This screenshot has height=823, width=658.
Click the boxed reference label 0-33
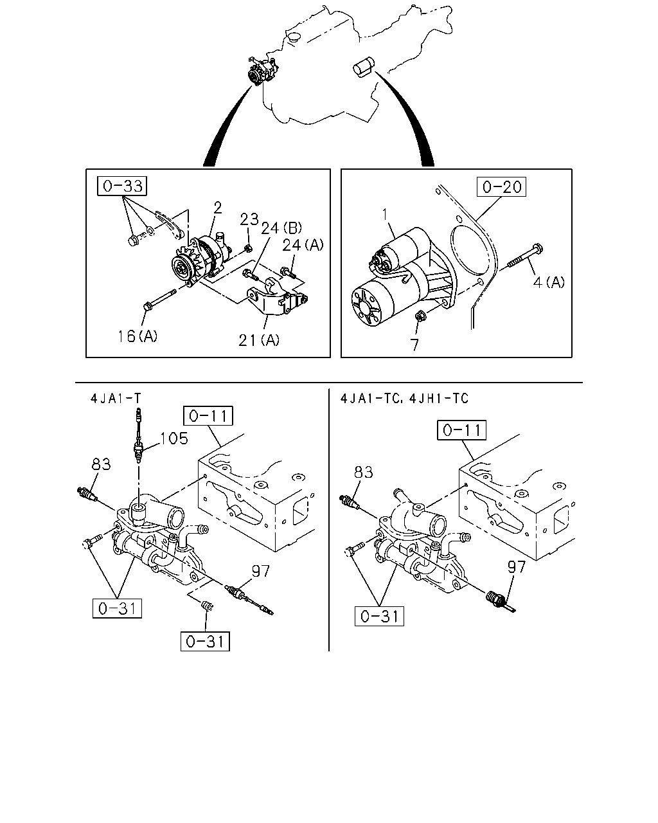[122, 186]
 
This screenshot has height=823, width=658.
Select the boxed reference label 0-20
[501, 186]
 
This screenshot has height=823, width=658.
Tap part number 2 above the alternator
[218, 208]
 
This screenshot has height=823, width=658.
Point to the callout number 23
[249, 219]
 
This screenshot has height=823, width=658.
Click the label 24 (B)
[281, 228]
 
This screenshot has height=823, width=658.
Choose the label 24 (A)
[303, 245]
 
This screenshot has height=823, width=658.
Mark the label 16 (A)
[138, 336]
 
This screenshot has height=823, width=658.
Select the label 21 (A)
[259, 340]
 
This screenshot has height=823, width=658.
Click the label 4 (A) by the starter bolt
[549, 282]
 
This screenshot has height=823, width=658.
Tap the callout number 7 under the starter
[414, 345]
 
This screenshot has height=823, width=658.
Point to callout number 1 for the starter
[385, 215]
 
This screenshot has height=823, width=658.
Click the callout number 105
[174, 439]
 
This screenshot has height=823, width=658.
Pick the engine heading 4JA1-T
[116, 399]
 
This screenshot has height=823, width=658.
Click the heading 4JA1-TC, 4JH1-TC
[404, 399]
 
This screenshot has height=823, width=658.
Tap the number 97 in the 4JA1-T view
[261, 571]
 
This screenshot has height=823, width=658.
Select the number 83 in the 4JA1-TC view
[363, 472]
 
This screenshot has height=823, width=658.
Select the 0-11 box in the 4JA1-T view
[208, 416]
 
